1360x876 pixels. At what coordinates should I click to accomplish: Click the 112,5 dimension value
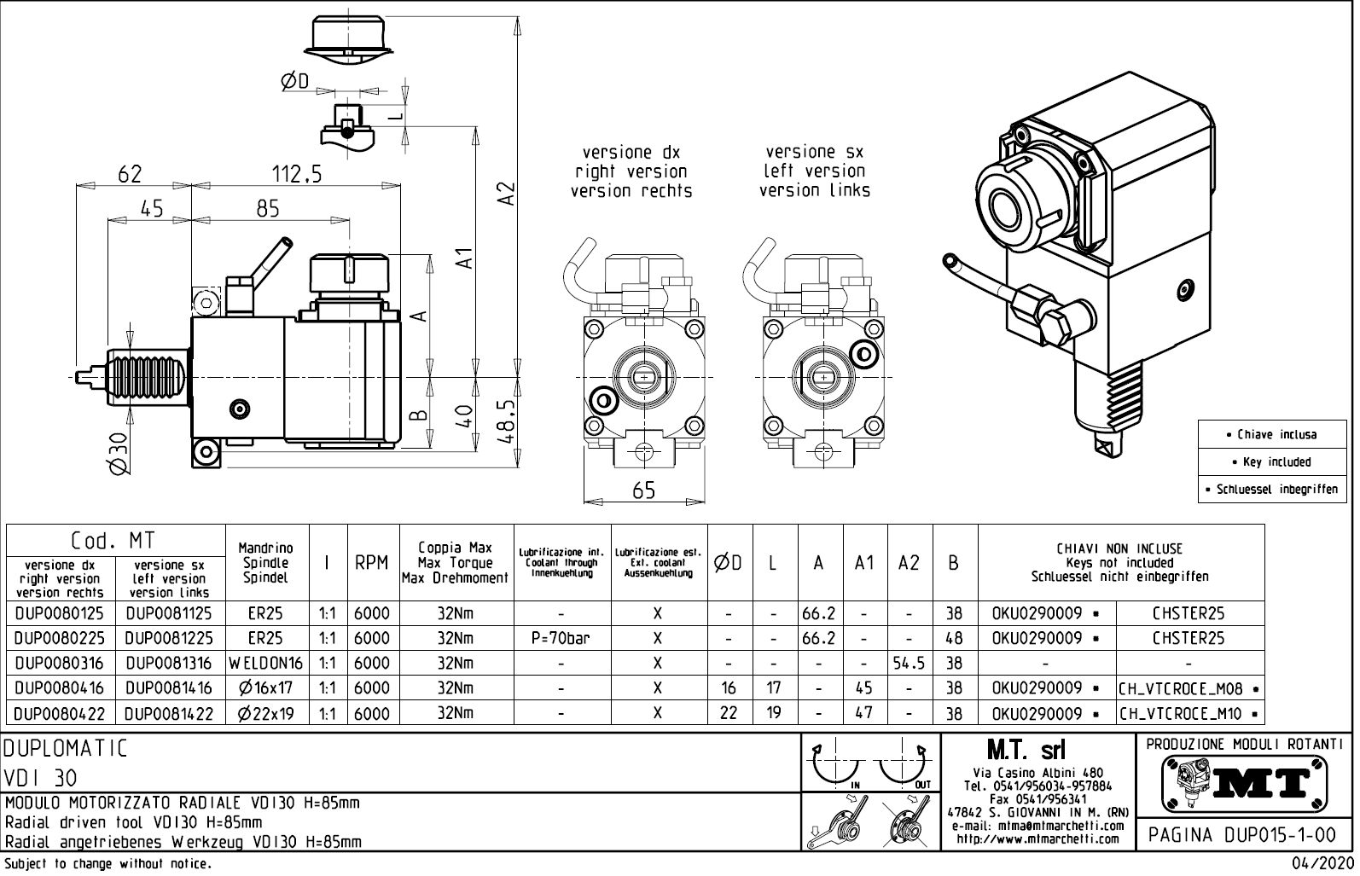(x=296, y=174)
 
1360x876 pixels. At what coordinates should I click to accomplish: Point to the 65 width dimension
(x=644, y=490)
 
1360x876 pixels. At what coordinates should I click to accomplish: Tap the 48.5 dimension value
(x=506, y=423)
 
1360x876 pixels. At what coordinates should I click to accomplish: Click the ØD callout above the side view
(x=294, y=81)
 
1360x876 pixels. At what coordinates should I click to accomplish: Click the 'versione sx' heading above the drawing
(x=814, y=152)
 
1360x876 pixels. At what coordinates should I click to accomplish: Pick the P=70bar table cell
(x=561, y=638)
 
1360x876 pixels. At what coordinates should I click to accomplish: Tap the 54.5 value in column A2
(x=909, y=663)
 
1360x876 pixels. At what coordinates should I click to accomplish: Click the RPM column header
(x=372, y=563)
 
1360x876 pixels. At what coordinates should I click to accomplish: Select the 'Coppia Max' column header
(x=455, y=548)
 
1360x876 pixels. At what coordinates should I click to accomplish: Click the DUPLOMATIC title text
(x=67, y=749)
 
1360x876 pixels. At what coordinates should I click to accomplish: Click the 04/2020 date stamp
(x=1322, y=864)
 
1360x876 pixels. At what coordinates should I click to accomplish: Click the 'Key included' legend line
(x=1276, y=461)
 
